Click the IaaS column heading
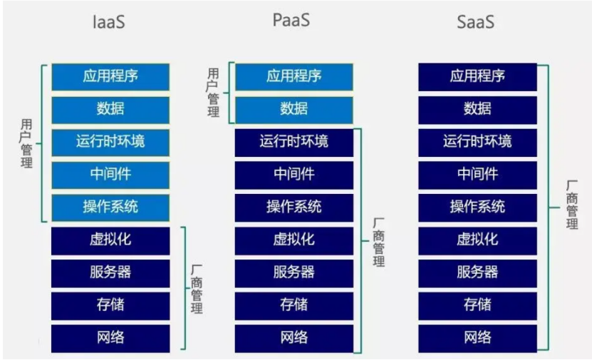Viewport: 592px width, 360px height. pyautogui.click(x=110, y=21)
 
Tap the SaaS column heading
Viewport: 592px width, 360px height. pyautogui.click(x=475, y=21)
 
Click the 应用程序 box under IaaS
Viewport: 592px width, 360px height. pyautogui.click(x=110, y=76)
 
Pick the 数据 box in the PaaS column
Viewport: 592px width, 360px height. pyautogui.click(x=294, y=109)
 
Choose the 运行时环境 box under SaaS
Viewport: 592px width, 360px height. pyautogui.click(x=477, y=141)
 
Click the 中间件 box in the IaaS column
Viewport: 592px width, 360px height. pyautogui.click(x=110, y=174)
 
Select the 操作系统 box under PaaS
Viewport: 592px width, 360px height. pyautogui.click(x=294, y=207)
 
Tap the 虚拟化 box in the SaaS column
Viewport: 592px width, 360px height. pyautogui.click(x=477, y=240)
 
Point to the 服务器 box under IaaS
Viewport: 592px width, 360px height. pyautogui.click(x=110, y=272)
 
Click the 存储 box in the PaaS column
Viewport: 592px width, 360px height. pyautogui.click(x=294, y=304)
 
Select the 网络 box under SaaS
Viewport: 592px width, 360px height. pyautogui.click(x=477, y=337)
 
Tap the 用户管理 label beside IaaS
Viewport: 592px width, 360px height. pyautogui.click(x=27, y=143)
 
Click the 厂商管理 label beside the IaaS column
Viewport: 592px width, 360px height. pyautogui.click(x=197, y=289)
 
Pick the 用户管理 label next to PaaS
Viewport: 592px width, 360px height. pyautogui.click(x=213, y=93)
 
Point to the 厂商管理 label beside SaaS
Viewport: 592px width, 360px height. pyautogui.click(x=572, y=205)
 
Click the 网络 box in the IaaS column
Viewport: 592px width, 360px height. pyautogui.click(x=110, y=337)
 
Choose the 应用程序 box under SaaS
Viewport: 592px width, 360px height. pyautogui.click(x=477, y=76)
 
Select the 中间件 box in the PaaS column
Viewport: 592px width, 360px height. pyautogui.click(x=294, y=174)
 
